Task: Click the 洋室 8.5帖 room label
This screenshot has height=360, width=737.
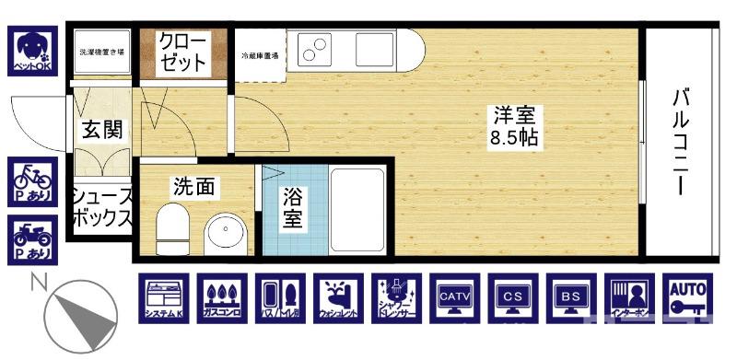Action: pyautogui.click(x=515, y=128)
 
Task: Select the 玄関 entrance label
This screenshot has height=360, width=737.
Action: pyautogui.click(x=102, y=130)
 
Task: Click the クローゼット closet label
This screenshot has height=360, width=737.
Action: pyautogui.click(x=182, y=52)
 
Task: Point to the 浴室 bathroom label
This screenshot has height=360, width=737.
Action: pyautogui.click(x=293, y=207)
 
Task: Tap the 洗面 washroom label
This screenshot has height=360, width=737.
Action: pyautogui.click(x=194, y=186)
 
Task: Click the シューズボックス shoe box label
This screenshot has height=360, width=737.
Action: pyautogui.click(x=102, y=208)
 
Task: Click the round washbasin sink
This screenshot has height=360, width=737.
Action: pyautogui.click(x=225, y=233)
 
